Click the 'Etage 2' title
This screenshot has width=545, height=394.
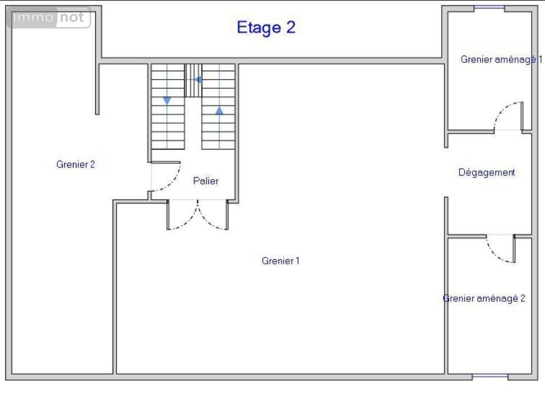tap(266, 28)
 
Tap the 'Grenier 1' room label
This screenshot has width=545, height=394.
tap(280, 261)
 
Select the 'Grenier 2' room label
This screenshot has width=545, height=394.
tap(75, 164)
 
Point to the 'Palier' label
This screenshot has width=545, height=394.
tap(206, 181)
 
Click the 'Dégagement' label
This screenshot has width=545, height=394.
tap(486, 173)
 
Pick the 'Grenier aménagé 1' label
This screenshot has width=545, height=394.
tap(501, 60)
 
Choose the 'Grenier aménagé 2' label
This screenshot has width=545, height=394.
tap(484, 298)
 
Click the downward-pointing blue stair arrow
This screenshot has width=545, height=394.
tap(167, 101)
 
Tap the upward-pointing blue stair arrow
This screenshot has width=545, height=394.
tap(219, 111)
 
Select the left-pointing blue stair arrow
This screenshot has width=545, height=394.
tap(198, 80)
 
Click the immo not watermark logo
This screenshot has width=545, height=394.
tap(49, 17)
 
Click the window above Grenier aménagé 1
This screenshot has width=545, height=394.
tap(489, 7)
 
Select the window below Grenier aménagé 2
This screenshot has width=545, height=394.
tap(490, 376)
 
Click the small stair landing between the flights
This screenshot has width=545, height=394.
tap(193, 80)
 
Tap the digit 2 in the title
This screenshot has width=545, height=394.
tap(291, 27)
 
